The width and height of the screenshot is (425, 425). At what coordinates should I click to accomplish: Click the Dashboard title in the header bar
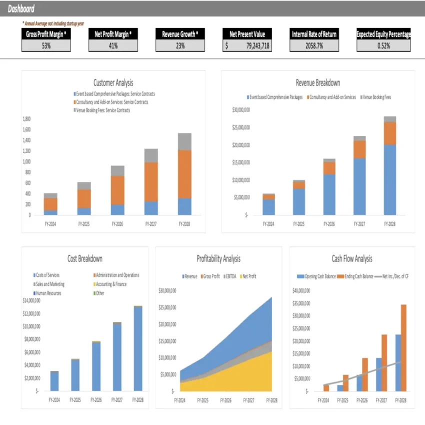point(21,9)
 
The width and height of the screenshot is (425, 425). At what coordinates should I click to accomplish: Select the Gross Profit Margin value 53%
point(46,45)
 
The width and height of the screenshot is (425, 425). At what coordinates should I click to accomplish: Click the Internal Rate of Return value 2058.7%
point(314,45)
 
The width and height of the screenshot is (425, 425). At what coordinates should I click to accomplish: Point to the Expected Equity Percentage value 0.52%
point(383,45)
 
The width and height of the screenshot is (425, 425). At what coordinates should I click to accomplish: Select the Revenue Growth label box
point(180,34)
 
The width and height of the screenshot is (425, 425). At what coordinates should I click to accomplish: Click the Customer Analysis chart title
point(113,83)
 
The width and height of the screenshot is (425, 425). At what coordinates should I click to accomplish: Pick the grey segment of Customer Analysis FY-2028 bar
point(184,141)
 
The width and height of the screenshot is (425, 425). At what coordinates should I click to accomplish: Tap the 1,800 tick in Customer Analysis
point(26,119)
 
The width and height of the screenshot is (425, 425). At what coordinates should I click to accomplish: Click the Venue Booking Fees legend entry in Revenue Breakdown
point(376,97)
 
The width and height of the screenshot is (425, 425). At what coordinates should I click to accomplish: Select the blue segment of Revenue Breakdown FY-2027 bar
point(359,186)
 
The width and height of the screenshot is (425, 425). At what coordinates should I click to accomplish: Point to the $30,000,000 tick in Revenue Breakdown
point(241,110)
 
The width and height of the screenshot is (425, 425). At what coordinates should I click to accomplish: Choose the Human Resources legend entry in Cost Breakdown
point(48,293)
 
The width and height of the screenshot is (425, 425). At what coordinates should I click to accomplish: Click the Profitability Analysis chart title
point(218,259)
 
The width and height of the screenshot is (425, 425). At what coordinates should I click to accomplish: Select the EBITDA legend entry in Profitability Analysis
point(230,276)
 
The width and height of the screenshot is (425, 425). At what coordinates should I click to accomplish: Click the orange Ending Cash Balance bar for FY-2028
point(403,347)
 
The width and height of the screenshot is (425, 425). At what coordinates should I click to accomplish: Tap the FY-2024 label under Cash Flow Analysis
point(323,400)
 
